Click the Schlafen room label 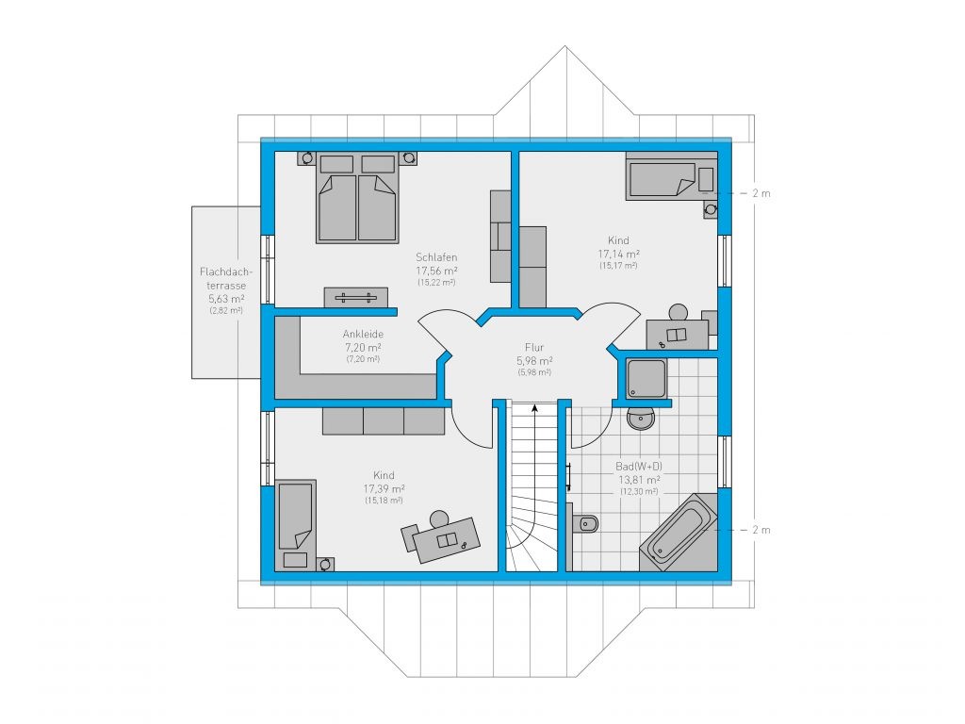(x=436, y=257)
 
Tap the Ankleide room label (x=363, y=335)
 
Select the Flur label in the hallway (x=534, y=347)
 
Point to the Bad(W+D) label (x=639, y=467)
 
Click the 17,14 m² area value (x=618, y=254)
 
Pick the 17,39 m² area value (x=384, y=489)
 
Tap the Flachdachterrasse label (x=226, y=278)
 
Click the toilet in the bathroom (x=586, y=524)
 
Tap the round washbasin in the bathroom (x=641, y=419)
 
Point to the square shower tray (x=646, y=378)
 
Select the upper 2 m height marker (x=761, y=193)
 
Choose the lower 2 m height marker (x=761, y=530)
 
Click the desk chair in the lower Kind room (x=439, y=518)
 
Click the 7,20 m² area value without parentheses (x=363, y=347)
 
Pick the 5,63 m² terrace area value (x=226, y=299)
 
